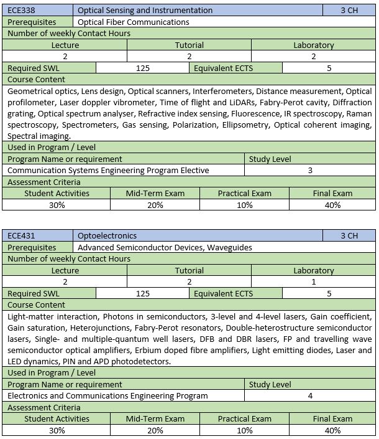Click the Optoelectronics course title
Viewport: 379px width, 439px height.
(x=107, y=236)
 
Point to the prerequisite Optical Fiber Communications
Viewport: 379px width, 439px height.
(x=134, y=22)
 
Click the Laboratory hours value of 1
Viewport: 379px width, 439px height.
(x=313, y=282)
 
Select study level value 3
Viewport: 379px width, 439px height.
(x=310, y=170)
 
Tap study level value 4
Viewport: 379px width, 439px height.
(x=310, y=395)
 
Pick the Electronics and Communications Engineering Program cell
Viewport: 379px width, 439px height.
(x=107, y=395)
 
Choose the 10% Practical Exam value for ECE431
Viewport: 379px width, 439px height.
(x=244, y=430)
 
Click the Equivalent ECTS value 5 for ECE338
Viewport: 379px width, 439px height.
(x=329, y=68)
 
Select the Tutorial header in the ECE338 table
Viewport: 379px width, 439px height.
(x=189, y=45)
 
